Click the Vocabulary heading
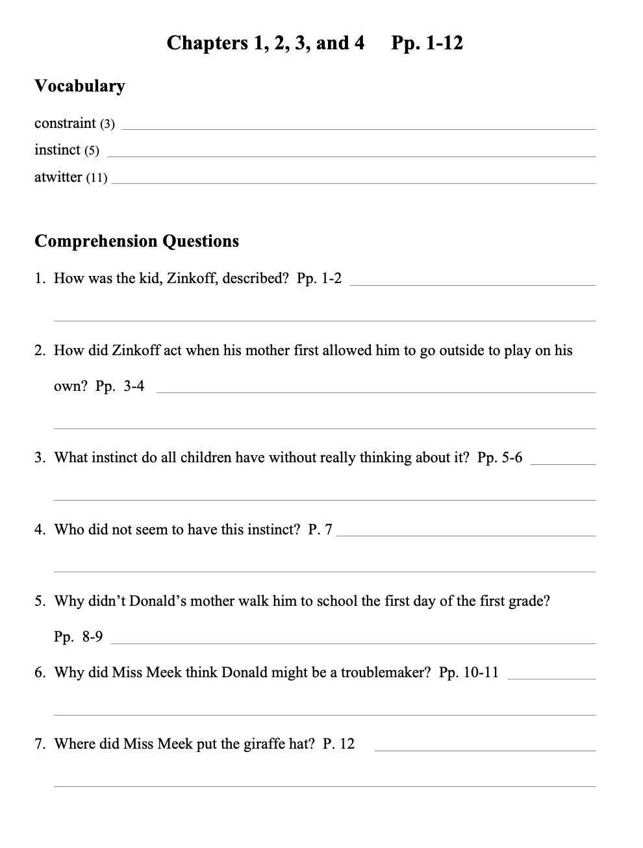(79, 86)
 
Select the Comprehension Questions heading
(136, 242)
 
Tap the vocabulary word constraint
(65, 123)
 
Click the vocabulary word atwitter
(58, 177)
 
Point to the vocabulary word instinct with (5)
(66, 150)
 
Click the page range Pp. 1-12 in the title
(427, 44)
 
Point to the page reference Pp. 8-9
(78, 637)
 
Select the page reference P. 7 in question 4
(320, 530)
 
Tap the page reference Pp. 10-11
(468, 673)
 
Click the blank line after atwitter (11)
(353, 182)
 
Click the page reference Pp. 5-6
(499, 458)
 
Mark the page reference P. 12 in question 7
(338, 744)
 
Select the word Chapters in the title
(206, 44)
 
